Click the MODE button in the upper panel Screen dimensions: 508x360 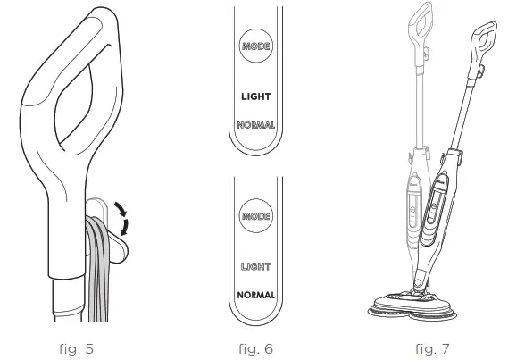coord(255,46)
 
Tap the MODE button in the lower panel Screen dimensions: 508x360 coord(255,216)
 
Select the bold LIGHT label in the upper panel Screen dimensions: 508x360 coord(255,96)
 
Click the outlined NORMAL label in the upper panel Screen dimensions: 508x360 coord(255,125)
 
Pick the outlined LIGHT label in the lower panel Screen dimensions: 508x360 coord(255,267)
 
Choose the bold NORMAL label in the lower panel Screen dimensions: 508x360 coord(255,295)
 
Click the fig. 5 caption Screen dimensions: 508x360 coord(77,349)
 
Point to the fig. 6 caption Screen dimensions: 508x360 coord(255,349)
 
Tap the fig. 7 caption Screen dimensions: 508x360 coord(432,349)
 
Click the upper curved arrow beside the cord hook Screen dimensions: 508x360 coord(121,209)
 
